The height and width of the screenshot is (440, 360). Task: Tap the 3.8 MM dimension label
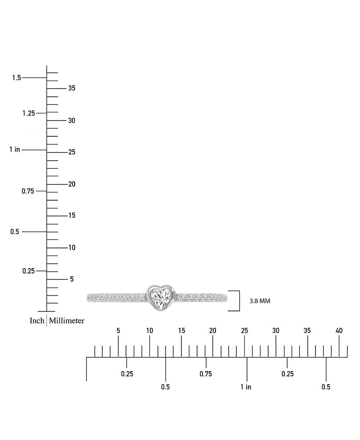(x=260, y=301)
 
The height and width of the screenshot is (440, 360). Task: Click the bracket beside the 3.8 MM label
(x=239, y=301)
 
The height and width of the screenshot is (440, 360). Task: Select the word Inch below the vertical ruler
(x=37, y=320)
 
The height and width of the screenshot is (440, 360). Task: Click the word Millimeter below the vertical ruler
(x=67, y=320)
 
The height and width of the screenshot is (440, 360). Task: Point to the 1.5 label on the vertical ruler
(x=17, y=77)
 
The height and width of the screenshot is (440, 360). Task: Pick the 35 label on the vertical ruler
(x=72, y=88)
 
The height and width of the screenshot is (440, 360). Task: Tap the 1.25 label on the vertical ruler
(x=29, y=113)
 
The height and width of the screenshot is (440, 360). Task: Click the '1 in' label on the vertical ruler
(x=15, y=149)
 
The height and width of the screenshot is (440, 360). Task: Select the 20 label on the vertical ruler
(x=72, y=184)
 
